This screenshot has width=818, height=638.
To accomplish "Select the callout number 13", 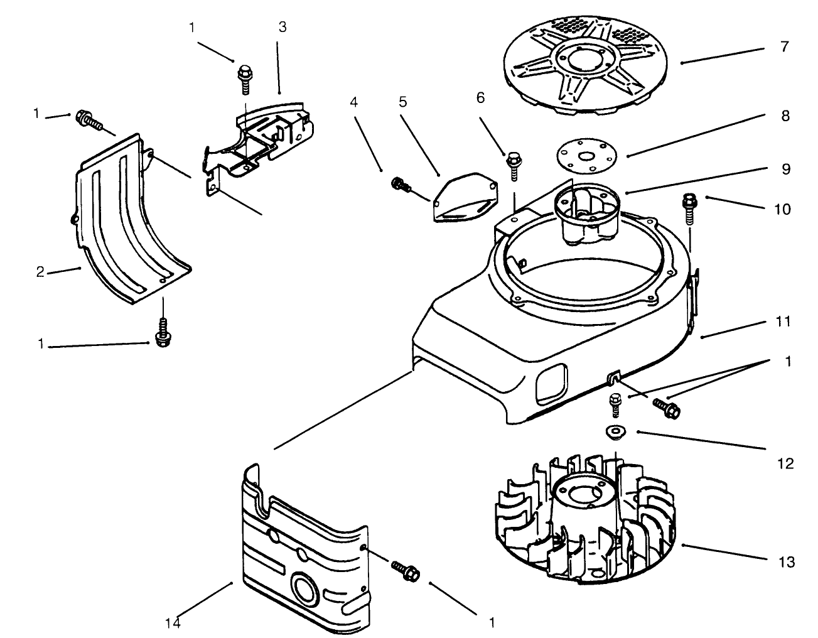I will pos(785,561).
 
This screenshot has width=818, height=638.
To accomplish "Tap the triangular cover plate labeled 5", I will pos(465,200).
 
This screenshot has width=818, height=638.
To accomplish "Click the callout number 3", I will pos(283,27).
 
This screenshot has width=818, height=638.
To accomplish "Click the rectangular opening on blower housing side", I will pos(551,383).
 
